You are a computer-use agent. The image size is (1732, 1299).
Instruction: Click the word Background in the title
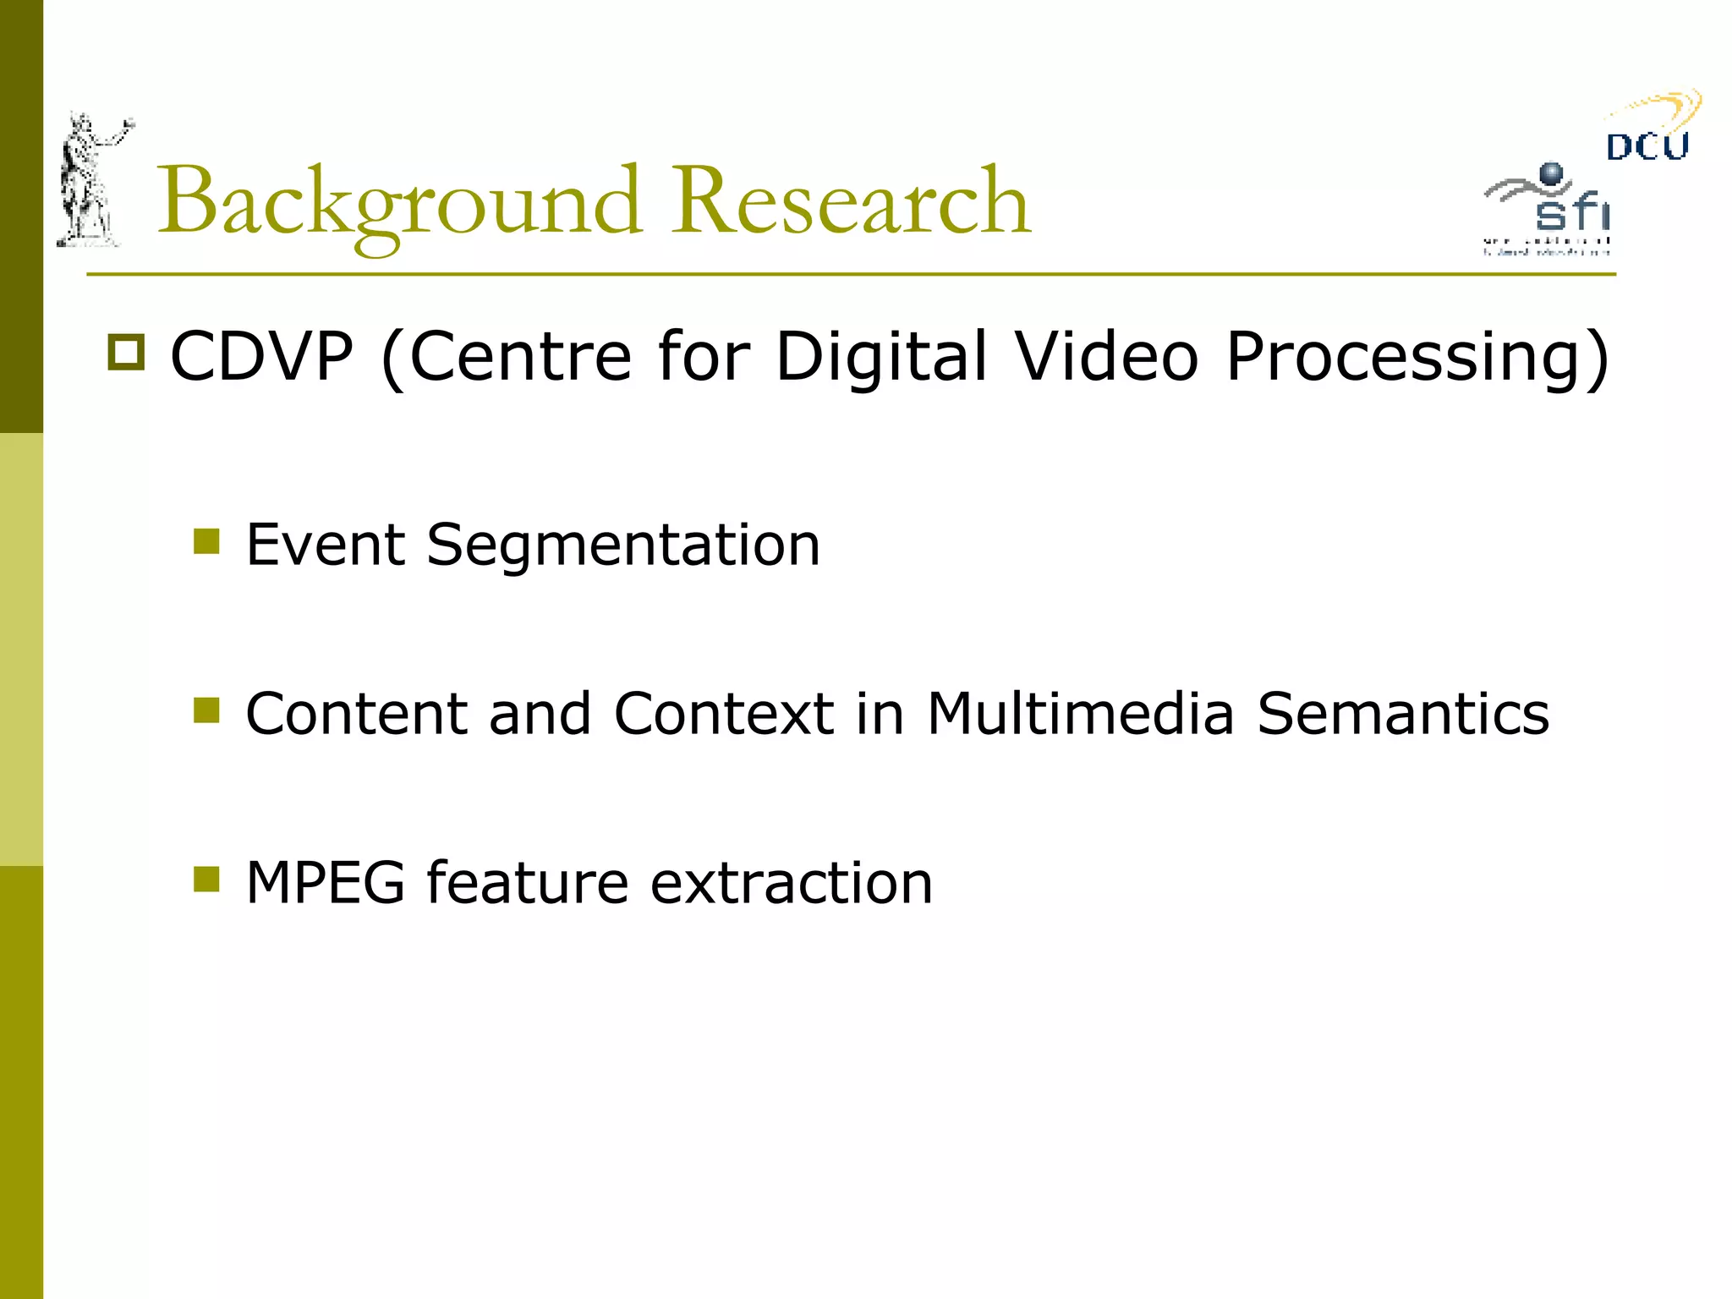point(397,203)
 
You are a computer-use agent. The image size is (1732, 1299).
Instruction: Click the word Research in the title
point(851,203)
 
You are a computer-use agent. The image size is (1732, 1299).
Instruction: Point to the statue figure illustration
point(90,182)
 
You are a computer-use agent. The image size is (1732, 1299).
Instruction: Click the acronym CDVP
point(261,357)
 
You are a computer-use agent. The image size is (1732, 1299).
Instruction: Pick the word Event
point(325,545)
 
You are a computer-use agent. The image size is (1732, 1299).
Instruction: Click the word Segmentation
point(623,546)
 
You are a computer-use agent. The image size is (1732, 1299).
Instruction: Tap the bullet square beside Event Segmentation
point(206,541)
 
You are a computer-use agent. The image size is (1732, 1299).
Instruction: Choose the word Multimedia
point(1081,714)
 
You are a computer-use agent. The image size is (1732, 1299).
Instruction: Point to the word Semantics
point(1403,714)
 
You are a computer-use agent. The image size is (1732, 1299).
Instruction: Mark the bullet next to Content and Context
point(206,710)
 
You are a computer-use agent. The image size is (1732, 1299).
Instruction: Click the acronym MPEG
point(326,883)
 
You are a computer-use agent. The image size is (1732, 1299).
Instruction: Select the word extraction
point(792,883)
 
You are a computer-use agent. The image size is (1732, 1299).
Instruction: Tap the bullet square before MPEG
point(206,880)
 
